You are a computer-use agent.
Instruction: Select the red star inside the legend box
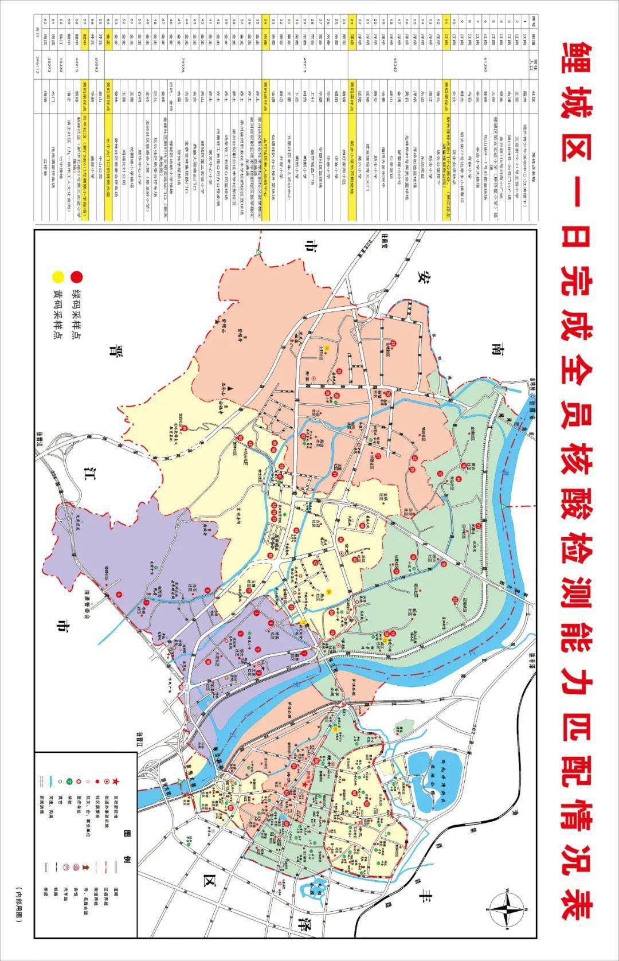tap(115, 782)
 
